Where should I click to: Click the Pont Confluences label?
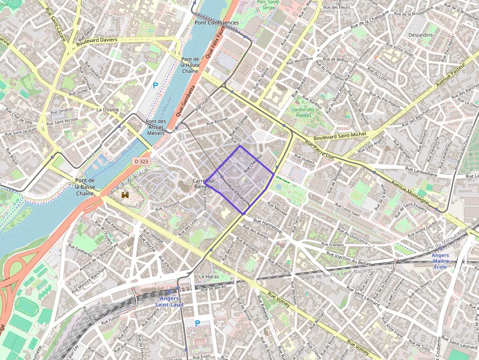pos(217,22)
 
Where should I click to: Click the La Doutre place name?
pos(108,110)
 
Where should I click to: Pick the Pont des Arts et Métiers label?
pos(156,127)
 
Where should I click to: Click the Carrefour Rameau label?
pos(203,184)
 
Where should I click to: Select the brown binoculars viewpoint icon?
pos(126,195)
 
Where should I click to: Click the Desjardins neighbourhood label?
pos(420,35)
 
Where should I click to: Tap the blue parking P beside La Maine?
pos(155,85)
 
